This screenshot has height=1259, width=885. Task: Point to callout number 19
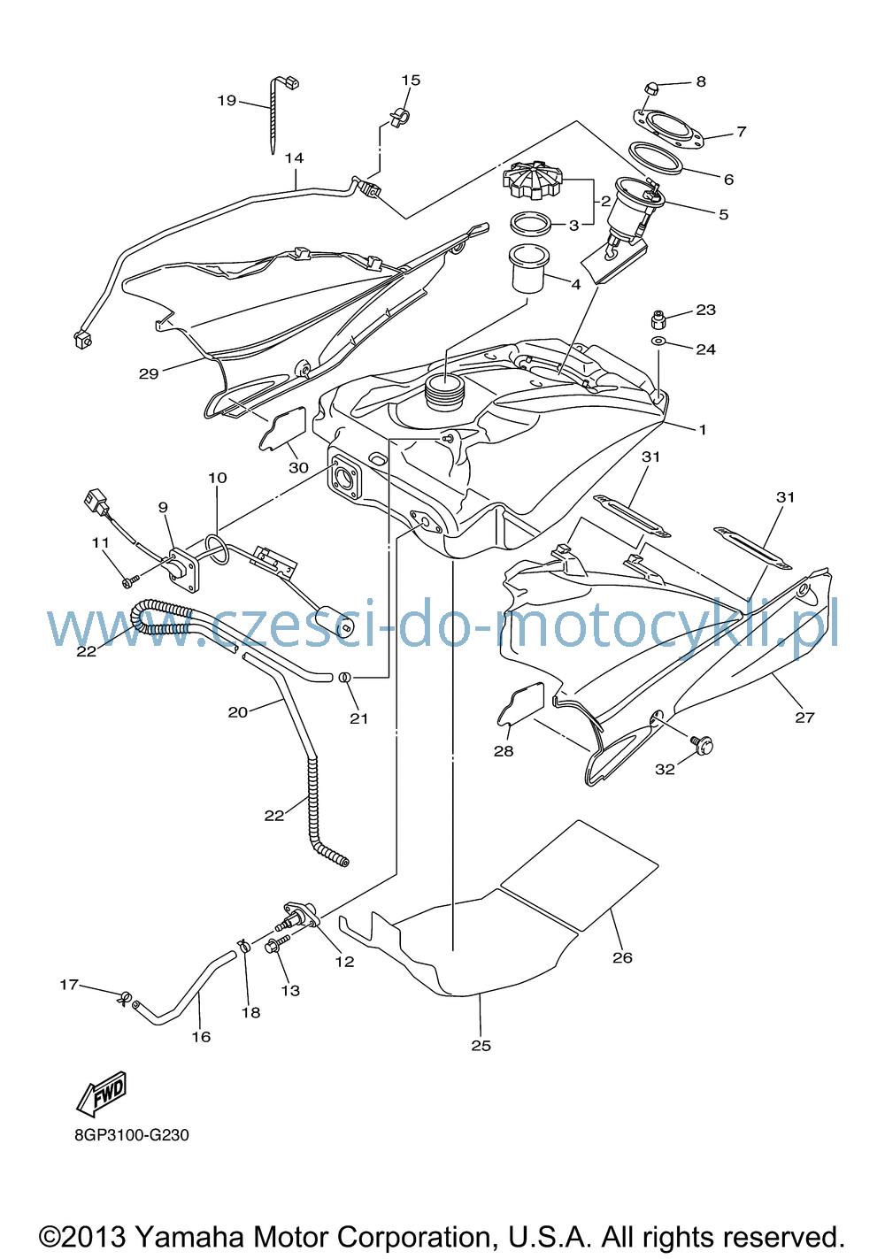tap(227, 101)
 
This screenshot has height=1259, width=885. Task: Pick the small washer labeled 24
tap(658, 342)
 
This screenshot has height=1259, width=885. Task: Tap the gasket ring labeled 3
tap(531, 224)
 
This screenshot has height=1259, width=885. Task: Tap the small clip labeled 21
tap(344, 677)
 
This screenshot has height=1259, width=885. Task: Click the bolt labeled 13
tap(277, 946)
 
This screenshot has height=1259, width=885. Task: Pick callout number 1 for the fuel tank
tap(703, 429)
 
